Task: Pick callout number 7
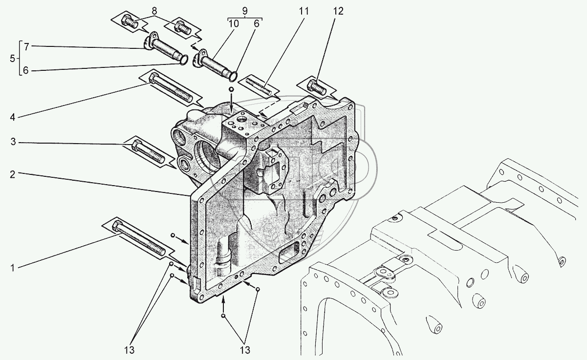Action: pyautogui.click(x=27, y=46)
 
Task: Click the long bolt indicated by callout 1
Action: pyautogui.click(x=139, y=239)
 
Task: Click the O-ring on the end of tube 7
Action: pyautogui.click(x=182, y=60)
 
